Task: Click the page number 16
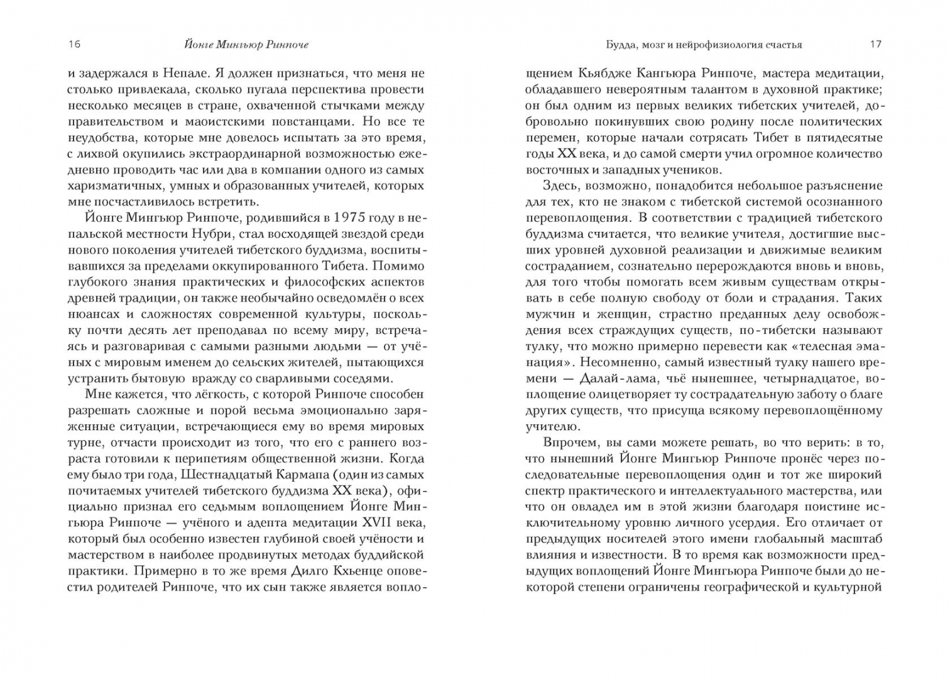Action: [74, 44]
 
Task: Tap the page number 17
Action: [875, 44]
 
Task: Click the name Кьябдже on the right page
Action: [601, 74]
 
